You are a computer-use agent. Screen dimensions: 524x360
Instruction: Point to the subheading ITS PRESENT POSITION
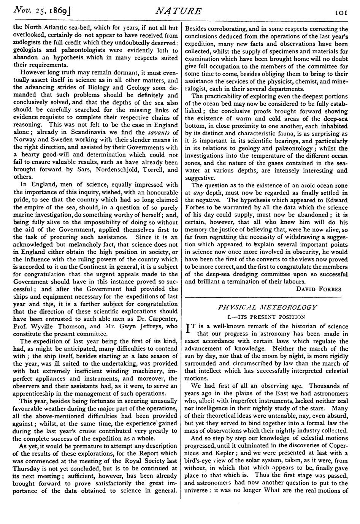click(266, 316)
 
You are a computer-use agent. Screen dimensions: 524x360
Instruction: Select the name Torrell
click(151, 170)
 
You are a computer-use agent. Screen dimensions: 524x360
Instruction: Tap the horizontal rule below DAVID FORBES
click(266, 296)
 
